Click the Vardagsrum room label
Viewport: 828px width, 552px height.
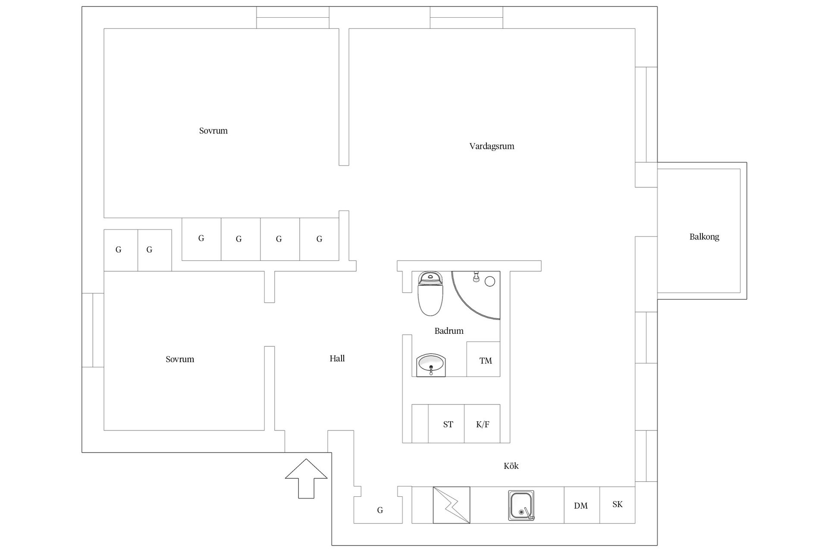(x=492, y=146)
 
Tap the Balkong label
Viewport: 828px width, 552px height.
(x=704, y=237)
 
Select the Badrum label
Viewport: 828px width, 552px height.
(x=449, y=331)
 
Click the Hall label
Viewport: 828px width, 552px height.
(x=337, y=358)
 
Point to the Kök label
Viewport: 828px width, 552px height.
(x=511, y=466)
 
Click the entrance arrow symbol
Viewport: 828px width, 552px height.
(x=306, y=479)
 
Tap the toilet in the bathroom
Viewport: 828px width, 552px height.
(x=430, y=294)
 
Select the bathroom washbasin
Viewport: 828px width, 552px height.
(x=431, y=365)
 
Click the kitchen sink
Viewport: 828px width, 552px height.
(x=521, y=505)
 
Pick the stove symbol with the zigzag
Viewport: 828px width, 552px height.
(x=452, y=505)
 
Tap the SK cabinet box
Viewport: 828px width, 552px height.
(x=618, y=505)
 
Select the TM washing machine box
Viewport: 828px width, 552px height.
(x=483, y=359)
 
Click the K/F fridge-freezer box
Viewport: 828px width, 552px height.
(x=482, y=423)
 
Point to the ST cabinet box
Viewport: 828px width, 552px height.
(x=446, y=423)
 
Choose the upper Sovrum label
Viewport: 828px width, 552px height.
(x=213, y=131)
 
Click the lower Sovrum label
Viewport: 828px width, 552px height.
(x=180, y=359)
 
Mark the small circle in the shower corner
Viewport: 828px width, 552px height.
(x=490, y=282)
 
